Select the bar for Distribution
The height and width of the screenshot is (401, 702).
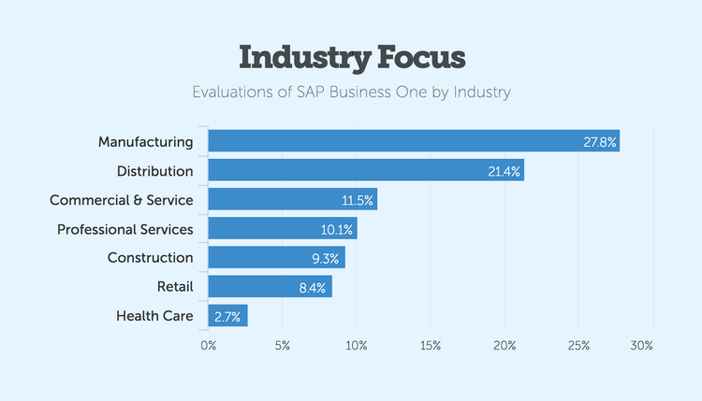pos(365,170)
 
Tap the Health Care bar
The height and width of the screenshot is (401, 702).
pos(227,316)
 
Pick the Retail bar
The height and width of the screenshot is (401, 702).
pos(270,287)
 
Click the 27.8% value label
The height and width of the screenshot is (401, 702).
pos(598,142)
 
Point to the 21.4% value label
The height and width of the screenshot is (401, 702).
pos(503,171)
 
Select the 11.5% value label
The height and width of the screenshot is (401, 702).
pos(357,200)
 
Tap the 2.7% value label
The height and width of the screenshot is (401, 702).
pos(227,316)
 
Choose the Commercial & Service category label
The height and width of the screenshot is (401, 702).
pos(121,200)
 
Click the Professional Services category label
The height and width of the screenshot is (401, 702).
pos(124,229)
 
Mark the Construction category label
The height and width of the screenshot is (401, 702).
pos(150,258)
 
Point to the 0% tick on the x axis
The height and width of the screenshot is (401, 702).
pos(208,346)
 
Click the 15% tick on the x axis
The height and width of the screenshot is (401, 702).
pos(431,346)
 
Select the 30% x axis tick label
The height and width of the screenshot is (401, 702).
pos(641,346)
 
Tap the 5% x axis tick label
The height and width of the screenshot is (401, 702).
pos(283,346)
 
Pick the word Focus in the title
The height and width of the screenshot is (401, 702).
pos(418,57)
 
